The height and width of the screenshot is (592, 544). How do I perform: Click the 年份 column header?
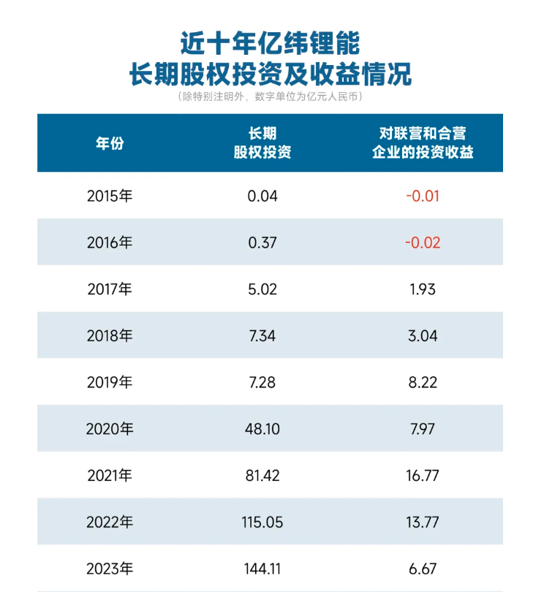click(110, 143)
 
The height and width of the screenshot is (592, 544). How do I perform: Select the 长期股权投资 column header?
click(262, 143)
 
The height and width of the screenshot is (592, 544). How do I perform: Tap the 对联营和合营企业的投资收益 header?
click(423, 143)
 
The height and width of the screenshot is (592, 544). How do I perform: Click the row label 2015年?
click(110, 196)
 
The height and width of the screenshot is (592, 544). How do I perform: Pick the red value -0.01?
click(423, 196)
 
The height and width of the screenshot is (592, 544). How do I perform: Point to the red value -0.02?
click(423, 243)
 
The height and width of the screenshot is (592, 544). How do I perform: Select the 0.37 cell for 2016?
click(262, 243)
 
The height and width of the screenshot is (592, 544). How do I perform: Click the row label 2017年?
click(110, 289)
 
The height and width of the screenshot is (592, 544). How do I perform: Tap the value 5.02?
click(262, 289)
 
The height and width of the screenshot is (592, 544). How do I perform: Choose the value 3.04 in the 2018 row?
click(423, 335)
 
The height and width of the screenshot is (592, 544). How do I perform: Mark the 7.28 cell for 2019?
click(262, 382)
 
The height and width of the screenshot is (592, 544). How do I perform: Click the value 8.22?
click(423, 382)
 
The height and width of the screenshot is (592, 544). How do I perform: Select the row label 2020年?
click(110, 429)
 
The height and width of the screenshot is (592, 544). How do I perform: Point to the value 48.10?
click(262, 429)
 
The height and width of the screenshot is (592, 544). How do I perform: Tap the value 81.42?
click(262, 476)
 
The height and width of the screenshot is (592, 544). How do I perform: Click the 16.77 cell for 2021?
click(423, 476)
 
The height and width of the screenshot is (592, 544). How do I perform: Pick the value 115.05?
click(262, 522)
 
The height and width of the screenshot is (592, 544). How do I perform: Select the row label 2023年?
click(110, 569)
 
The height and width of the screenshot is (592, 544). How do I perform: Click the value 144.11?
click(262, 569)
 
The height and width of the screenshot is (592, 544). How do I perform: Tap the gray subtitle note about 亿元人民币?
click(270, 96)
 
